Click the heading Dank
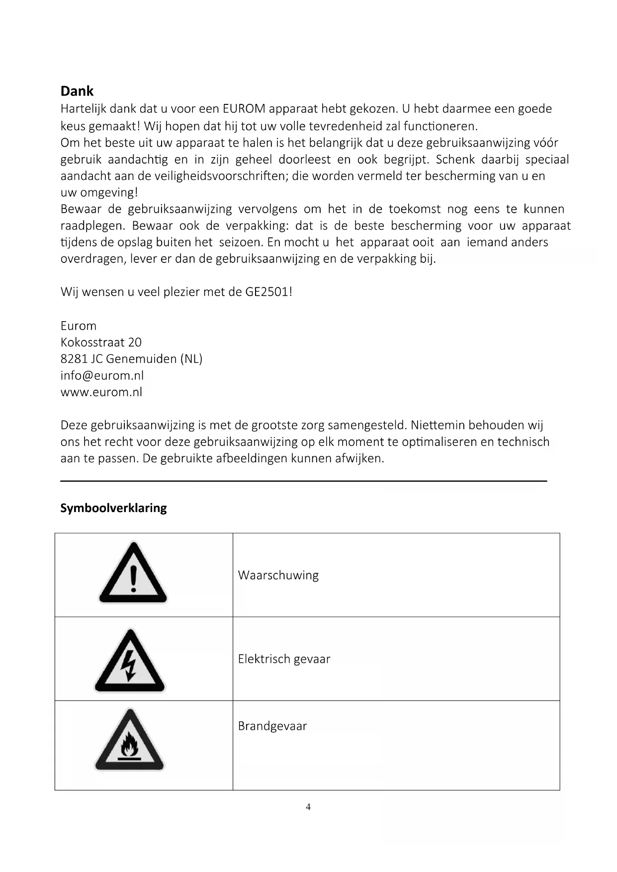(x=77, y=91)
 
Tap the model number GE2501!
(x=268, y=292)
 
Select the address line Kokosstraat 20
(x=101, y=342)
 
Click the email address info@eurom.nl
(x=102, y=375)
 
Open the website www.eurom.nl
(x=101, y=392)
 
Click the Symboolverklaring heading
(x=113, y=508)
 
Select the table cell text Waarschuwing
(x=278, y=575)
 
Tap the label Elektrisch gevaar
(x=284, y=659)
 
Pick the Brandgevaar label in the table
(x=272, y=726)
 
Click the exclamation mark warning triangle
(x=133, y=574)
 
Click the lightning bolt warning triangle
(x=129, y=662)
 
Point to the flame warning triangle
(x=129, y=741)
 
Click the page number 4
(x=308, y=806)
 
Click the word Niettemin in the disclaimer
(x=438, y=425)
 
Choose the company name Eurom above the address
(x=78, y=326)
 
